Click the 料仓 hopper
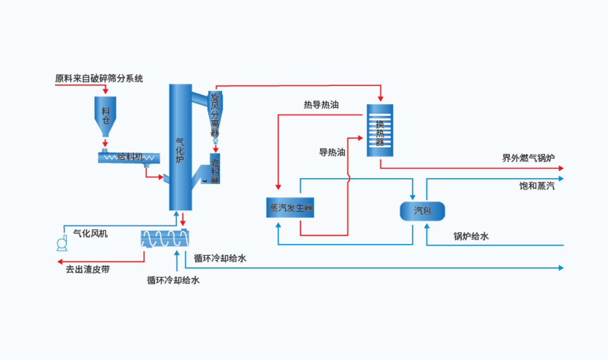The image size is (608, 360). click(x=105, y=115)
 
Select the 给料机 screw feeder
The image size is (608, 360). click(x=128, y=157)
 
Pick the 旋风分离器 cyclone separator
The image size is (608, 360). click(x=215, y=114)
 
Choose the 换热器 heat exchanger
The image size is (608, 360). click(x=379, y=131)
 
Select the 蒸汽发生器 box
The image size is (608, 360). click(x=291, y=207)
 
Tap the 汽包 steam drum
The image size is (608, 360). click(x=422, y=211)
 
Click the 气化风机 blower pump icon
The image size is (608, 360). click(x=62, y=245)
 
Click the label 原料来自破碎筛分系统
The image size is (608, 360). click(x=99, y=78)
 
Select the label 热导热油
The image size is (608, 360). click(x=321, y=105)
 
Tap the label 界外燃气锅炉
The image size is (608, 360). click(x=528, y=158)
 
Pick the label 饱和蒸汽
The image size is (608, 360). click(x=537, y=186)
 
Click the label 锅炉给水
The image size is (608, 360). click(x=471, y=236)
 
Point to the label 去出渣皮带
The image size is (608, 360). click(x=88, y=269)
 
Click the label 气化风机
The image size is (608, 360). click(x=90, y=234)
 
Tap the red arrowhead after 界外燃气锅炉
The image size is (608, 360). click(x=560, y=168)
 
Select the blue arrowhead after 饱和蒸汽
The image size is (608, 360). click(x=560, y=178)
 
